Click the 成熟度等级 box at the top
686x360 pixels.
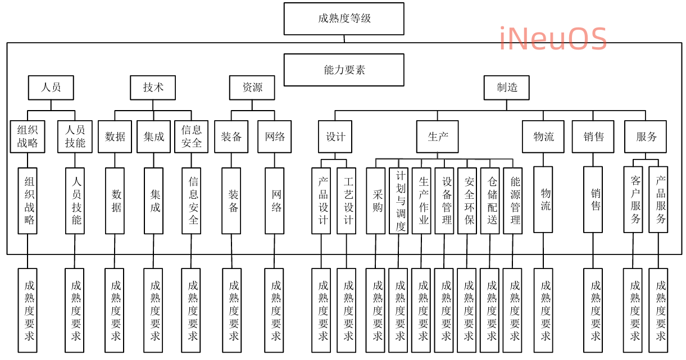tap(344, 19)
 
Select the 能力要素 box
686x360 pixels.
tap(344, 70)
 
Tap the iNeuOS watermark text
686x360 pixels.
tap(553, 39)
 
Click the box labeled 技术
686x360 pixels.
tap(153, 87)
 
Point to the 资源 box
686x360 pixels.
tap(252, 87)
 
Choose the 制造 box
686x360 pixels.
tap(507, 87)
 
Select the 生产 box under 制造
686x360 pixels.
tap(437, 136)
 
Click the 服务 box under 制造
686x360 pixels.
tap(646, 136)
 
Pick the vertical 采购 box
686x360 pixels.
tap(376, 200)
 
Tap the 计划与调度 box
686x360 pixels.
tap(399, 200)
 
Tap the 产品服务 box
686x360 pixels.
tap(660, 199)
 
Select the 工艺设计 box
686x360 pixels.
tap(347, 200)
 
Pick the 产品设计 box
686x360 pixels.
tap(321, 200)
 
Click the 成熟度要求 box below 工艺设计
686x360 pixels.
tap(347, 310)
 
